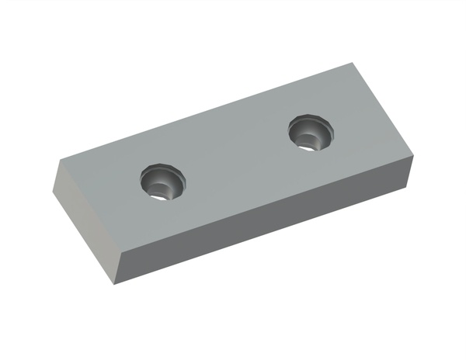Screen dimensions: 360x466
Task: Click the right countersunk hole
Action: coord(311,133)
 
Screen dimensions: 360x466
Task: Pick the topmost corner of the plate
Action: coord(354,63)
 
